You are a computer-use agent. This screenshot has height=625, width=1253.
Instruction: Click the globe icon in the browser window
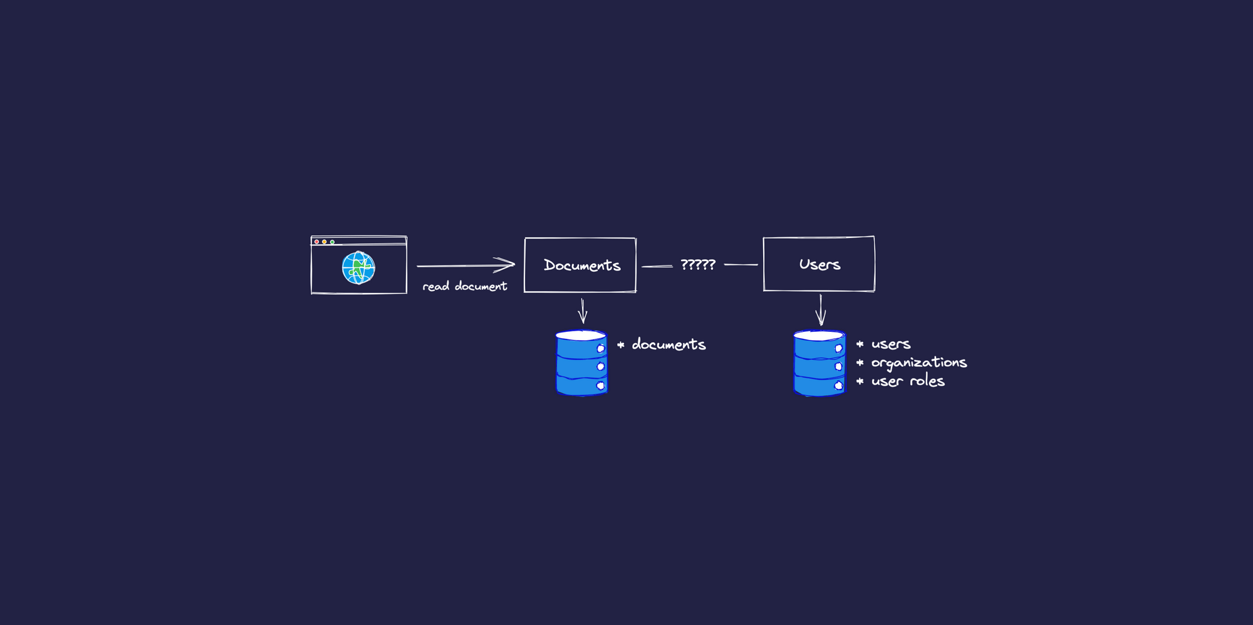coord(358,267)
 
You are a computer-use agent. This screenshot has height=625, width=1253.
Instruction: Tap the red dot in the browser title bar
coord(317,242)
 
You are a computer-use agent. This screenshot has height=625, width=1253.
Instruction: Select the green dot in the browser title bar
coord(332,242)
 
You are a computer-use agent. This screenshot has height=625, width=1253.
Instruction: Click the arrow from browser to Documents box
coord(465,266)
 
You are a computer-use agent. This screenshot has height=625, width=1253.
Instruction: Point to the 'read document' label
coord(464,286)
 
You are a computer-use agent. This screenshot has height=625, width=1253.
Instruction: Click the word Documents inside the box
coord(581,266)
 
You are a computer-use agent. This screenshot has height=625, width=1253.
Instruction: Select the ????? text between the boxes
coord(697,265)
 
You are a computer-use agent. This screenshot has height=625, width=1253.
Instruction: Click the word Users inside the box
coord(819,264)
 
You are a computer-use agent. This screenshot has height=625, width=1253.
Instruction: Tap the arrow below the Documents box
coord(583,311)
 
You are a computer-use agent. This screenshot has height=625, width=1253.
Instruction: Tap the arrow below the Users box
coord(821,310)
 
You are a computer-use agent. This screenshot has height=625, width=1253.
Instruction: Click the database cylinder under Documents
coord(581,364)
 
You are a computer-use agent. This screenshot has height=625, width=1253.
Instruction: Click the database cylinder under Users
coord(819,364)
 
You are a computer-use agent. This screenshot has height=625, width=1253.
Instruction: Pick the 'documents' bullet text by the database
coord(668,344)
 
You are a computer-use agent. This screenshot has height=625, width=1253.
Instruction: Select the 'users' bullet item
coord(890,344)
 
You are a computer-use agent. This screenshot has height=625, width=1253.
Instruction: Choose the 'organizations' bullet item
coord(918,363)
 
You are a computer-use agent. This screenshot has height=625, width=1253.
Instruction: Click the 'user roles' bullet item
coord(907,381)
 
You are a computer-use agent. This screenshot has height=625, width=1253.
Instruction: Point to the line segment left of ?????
coord(657,266)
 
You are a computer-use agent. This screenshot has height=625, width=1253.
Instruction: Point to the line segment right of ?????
coord(741,265)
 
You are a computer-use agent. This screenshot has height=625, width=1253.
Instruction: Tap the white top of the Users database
coord(819,336)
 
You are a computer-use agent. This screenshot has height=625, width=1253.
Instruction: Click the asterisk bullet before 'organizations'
coord(860,363)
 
